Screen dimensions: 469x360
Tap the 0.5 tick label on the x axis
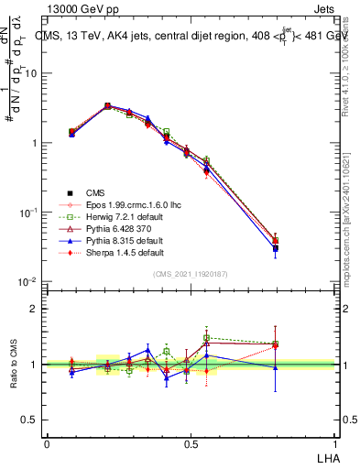190,442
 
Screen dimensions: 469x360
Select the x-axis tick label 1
333,442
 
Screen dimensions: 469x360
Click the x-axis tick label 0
47,442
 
